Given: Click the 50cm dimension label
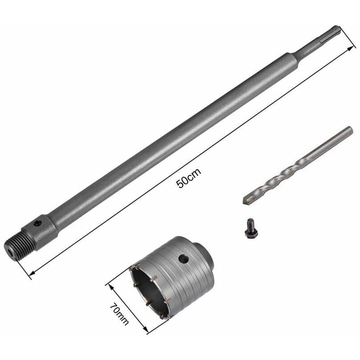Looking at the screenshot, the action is coord(189,177).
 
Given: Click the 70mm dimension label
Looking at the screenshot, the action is coord(119,313).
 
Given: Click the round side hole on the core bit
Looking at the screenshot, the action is coord(184,259).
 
